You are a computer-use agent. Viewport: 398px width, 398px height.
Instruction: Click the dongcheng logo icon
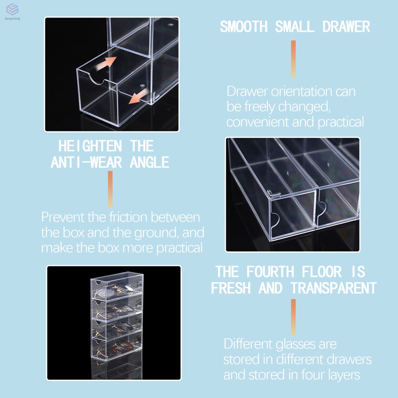pos(12,9)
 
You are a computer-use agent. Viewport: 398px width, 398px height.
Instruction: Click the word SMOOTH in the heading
pos(244,27)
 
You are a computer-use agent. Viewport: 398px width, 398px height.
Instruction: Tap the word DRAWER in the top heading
pos(346,27)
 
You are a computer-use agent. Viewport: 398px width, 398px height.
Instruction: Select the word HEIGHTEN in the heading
pos(90,146)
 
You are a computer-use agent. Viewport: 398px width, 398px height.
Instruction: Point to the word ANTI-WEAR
pos(86,162)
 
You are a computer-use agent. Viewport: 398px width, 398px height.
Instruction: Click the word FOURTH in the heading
pos(270,272)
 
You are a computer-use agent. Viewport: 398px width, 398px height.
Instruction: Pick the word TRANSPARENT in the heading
pos(333,288)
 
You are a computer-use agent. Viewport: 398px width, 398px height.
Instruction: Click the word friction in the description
pos(128,217)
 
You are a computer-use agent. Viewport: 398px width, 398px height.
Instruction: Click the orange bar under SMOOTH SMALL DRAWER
pos(293,59)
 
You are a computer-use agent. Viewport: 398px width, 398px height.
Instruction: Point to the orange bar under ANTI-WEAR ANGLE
pos(110,189)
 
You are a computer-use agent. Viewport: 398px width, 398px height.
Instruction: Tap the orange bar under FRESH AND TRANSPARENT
pos(293,318)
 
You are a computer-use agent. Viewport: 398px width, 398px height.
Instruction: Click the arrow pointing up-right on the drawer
pos(106,64)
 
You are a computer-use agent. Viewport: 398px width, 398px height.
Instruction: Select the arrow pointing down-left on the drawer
pos(139,96)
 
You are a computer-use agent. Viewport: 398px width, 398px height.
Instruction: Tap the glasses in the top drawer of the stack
pos(114,291)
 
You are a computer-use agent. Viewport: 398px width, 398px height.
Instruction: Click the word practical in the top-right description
pos(340,122)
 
